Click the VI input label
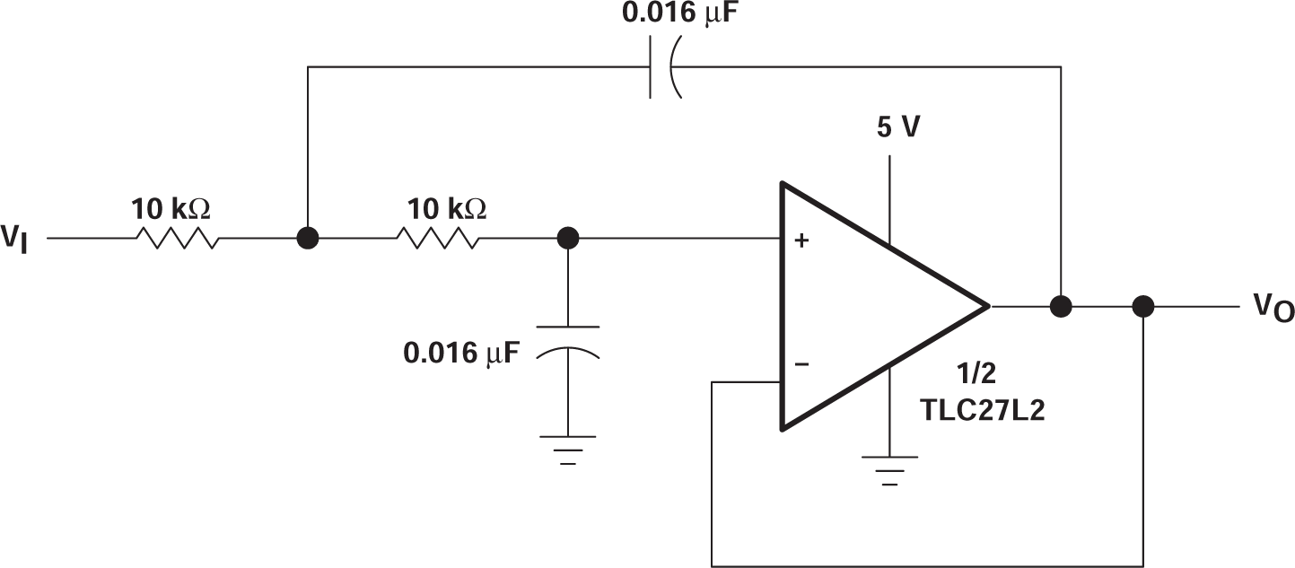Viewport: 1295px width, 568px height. [14, 240]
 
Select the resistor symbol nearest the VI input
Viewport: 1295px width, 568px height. [176, 239]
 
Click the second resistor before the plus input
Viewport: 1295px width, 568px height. [437, 239]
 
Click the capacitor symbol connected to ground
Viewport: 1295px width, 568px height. [567, 340]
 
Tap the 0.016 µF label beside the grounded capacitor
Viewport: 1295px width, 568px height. [461, 353]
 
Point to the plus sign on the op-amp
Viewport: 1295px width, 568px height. [801, 240]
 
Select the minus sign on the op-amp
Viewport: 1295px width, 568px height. [801, 364]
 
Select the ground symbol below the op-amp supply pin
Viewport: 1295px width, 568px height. [889, 469]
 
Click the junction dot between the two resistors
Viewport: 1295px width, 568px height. [307, 239]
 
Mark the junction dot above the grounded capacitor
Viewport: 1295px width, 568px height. [567, 239]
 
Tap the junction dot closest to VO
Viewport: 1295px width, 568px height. [1142, 307]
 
